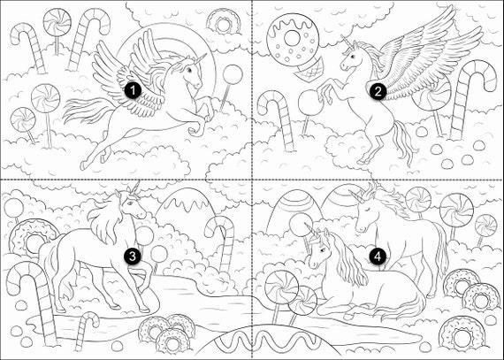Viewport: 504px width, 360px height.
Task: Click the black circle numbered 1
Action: coord(133,91)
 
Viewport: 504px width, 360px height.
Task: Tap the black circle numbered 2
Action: coord(378,92)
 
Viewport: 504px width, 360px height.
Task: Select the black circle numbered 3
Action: coord(133,257)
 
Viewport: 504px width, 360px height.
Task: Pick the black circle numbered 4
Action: coord(378,257)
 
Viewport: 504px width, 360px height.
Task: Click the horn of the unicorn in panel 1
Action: coord(200,58)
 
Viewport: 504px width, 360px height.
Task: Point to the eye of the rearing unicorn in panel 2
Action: coord(353,57)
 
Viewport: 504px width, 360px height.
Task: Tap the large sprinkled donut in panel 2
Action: coord(293,39)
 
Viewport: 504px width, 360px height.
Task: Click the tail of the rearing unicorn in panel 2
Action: coord(404,142)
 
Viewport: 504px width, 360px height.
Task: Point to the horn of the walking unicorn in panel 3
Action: coord(135,188)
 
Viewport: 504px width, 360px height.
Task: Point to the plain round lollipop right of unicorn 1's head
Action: coord(232,74)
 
